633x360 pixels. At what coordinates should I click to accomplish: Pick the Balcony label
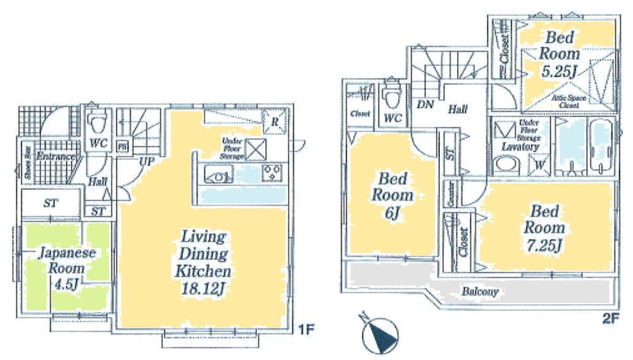click(480, 292)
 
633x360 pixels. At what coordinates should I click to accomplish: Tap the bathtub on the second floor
click(601, 146)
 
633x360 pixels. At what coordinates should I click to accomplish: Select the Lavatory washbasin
click(505, 164)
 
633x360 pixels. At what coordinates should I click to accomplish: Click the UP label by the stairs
click(147, 162)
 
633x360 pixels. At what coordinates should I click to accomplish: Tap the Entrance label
click(56, 156)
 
